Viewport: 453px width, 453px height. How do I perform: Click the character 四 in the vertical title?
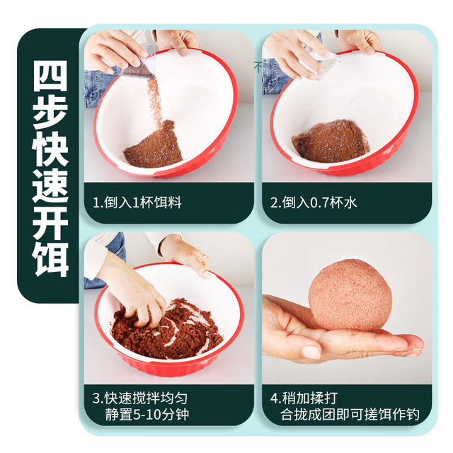tap(50, 76)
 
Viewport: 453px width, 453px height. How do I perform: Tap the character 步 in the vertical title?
tap(50, 112)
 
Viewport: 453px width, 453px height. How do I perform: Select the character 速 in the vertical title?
tap(50, 185)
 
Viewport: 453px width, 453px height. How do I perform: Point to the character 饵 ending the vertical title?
tap(50, 259)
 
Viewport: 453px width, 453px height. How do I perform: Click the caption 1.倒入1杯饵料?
tap(137, 202)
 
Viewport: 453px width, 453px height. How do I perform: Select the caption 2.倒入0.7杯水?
tap(314, 202)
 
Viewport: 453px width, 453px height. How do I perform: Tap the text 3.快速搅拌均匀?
tap(140, 398)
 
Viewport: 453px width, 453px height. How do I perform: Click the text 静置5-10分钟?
tap(147, 414)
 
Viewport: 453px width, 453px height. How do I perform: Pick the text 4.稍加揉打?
tap(304, 398)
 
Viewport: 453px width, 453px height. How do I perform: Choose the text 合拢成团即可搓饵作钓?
tap(350, 414)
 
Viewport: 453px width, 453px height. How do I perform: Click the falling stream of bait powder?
tap(154, 98)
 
